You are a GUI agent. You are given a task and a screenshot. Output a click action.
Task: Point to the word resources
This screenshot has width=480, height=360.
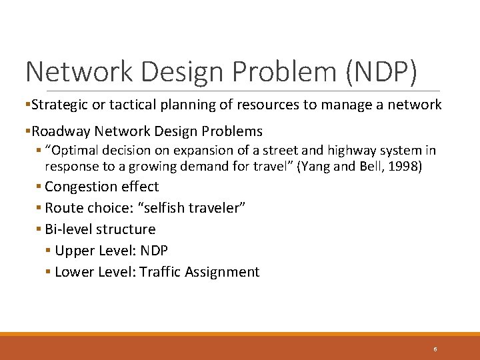pos(281,105)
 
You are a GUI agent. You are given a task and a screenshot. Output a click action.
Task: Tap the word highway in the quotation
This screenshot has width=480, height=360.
pos(328,151)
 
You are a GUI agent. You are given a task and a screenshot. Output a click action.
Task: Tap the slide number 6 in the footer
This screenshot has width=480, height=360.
pos(435,349)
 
